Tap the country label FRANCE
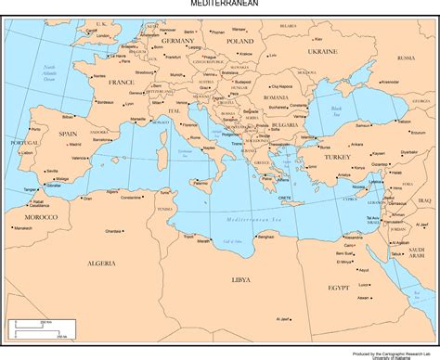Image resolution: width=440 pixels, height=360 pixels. (x=121, y=82)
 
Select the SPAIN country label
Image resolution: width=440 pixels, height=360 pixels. (x=68, y=134)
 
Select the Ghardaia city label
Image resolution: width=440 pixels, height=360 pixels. (x=114, y=230)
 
